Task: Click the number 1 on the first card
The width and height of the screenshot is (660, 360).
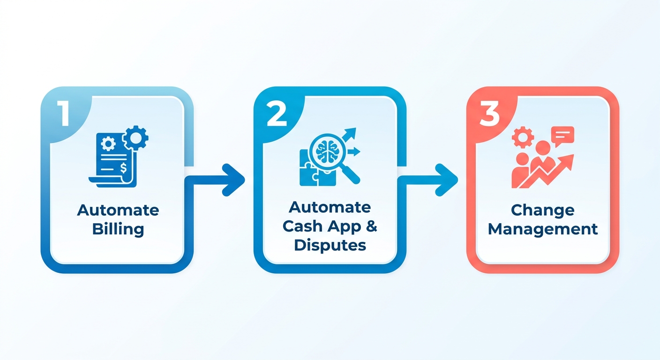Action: (64, 113)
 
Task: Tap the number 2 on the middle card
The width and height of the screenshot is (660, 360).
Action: (277, 114)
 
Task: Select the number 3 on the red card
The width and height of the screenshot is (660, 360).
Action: (489, 114)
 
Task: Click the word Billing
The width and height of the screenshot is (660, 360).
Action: (118, 230)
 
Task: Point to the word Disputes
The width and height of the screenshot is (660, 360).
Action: (330, 246)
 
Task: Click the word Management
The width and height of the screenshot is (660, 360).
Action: (543, 229)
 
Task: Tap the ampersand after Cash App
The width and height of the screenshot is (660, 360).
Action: (372, 226)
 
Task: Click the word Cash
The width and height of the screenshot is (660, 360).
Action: (303, 226)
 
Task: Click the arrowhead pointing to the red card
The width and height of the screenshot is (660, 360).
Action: (447, 180)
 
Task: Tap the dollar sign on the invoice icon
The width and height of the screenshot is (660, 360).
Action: (123, 168)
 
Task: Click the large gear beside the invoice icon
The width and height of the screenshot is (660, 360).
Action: (135, 137)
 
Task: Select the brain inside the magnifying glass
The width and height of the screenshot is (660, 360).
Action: (327, 151)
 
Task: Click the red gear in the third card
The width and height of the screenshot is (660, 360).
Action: (523, 137)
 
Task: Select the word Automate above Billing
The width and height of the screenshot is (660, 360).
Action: (118, 210)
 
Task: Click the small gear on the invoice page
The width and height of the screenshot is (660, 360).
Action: (108, 144)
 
